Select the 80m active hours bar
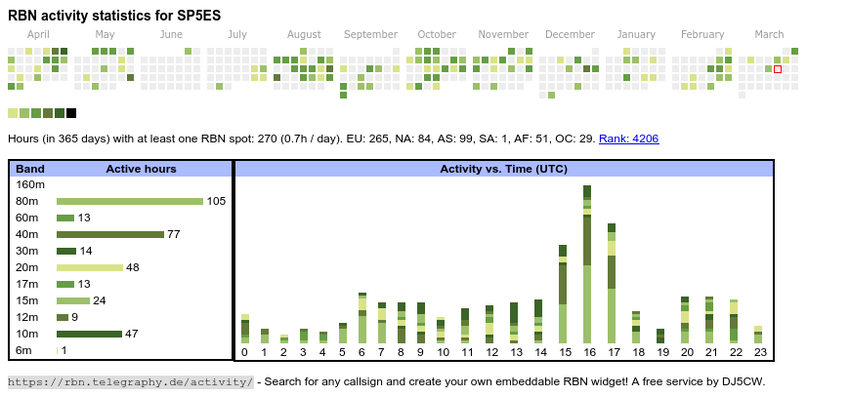tap(130, 201)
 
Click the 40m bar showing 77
tap(110, 234)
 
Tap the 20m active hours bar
tap(90, 267)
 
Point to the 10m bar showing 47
tap(90, 334)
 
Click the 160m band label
tap(30, 184)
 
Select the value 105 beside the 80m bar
tap(216, 201)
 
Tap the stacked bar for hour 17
tap(612, 282)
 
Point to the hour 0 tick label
tap(244, 352)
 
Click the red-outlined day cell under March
tap(778, 69)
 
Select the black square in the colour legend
tap(71, 113)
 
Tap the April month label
tap(38, 34)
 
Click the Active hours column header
tap(141, 169)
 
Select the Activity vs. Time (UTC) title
tap(503, 169)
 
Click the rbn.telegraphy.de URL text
tap(131, 381)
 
